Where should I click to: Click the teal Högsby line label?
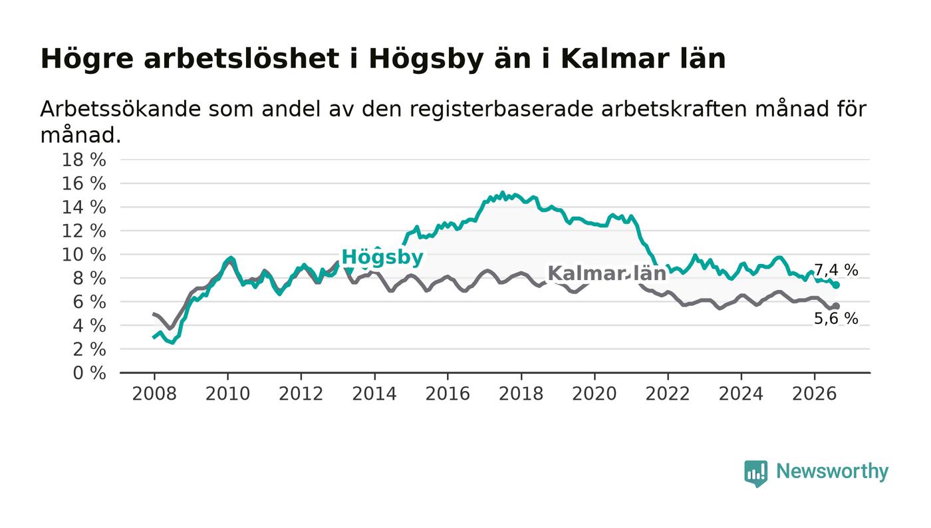click(382, 257)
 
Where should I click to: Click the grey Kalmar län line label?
click(606, 273)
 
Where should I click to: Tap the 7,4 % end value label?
click(836, 270)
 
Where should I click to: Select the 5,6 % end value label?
click(836, 319)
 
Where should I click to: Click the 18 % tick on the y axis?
click(84, 160)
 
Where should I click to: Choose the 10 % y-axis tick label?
click(84, 255)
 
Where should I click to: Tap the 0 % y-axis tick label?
click(89, 373)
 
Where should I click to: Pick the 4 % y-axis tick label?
click(89, 326)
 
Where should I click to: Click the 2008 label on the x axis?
click(154, 394)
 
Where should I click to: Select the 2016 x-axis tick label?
click(448, 394)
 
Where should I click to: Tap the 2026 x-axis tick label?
click(814, 394)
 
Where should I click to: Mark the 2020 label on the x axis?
click(595, 394)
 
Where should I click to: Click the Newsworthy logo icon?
click(755, 473)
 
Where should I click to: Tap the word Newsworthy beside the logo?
click(832, 471)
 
